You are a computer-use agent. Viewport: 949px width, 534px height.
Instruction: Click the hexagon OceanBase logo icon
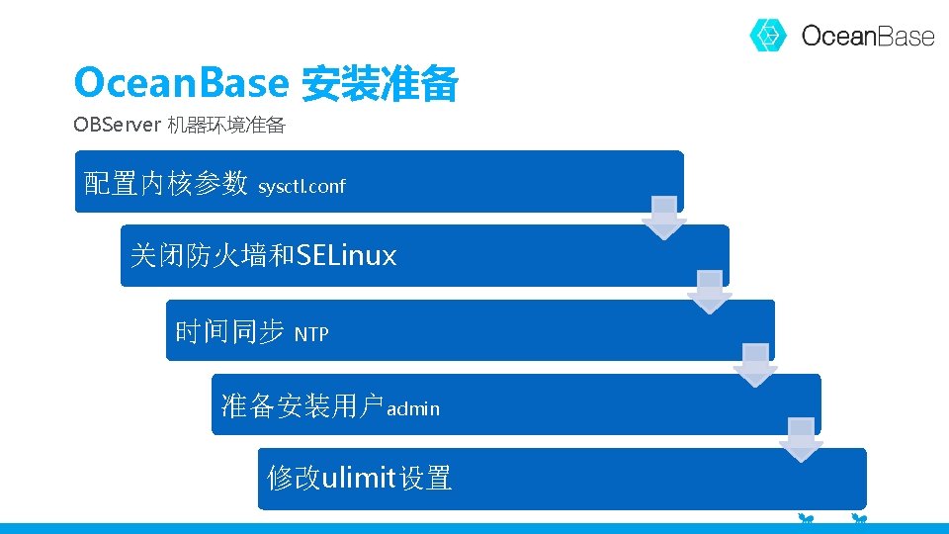point(767,36)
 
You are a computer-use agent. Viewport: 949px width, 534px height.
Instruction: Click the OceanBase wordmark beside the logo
point(867,37)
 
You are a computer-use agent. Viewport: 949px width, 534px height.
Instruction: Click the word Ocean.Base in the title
point(180,83)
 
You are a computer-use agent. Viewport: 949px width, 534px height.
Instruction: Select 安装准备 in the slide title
point(379,85)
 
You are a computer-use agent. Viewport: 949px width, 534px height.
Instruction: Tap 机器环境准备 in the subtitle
point(226,126)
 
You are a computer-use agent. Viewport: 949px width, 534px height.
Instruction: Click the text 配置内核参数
point(165,183)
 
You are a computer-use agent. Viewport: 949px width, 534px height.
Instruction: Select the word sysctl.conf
point(302,186)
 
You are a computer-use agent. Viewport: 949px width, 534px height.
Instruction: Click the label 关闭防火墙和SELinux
point(263,256)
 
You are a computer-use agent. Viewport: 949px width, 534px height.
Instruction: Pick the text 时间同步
point(229,332)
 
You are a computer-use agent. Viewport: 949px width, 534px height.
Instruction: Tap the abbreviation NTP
point(311,334)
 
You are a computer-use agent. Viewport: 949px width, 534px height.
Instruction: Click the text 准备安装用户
point(302,405)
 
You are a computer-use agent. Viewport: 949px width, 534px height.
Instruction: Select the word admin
point(413,408)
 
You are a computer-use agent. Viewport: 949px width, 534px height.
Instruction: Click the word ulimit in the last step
point(359,479)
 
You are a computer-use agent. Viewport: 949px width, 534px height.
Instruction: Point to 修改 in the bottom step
point(294,479)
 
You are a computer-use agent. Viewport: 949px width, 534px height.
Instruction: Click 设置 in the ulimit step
point(426,479)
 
